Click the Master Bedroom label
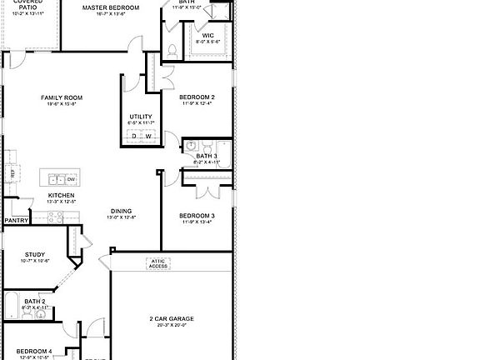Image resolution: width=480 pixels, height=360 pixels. pyautogui.click(x=111, y=7)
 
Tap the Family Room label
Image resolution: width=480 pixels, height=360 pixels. pyautogui.click(x=62, y=98)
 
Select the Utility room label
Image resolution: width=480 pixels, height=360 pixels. pyautogui.click(x=139, y=117)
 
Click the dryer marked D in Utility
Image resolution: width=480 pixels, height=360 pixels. pyautogui.click(x=133, y=137)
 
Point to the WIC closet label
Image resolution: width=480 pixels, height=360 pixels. pyautogui.click(x=208, y=35)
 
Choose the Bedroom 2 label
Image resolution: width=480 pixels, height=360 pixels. pyautogui.click(x=197, y=97)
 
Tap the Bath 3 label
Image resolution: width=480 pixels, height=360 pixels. pyautogui.click(x=207, y=156)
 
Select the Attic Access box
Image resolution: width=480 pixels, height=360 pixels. pyautogui.click(x=159, y=263)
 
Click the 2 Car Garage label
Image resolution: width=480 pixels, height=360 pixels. pyautogui.click(x=172, y=318)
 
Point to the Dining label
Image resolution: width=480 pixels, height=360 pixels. pyautogui.click(x=121, y=211)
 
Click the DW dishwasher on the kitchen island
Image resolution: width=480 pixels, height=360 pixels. pyautogui.click(x=72, y=178)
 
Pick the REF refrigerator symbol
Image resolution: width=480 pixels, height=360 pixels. pyautogui.click(x=12, y=172)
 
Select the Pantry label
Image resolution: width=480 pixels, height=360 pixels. pyautogui.click(x=16, y=221)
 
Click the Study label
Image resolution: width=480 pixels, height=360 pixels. pyautogui.click(x=34, y=255)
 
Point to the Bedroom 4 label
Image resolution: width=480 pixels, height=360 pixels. pyautogui.click(x=33, y=351)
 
